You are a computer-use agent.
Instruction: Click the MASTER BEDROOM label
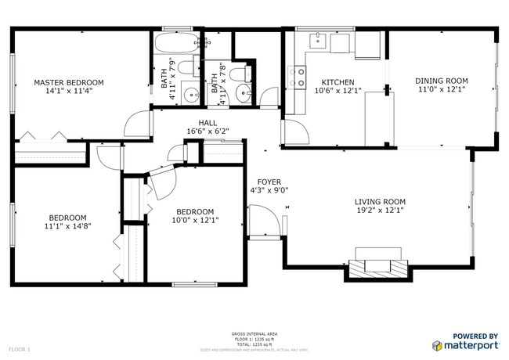coord(68,82)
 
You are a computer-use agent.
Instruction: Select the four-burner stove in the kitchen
coord(297,76)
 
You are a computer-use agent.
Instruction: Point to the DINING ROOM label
coord(441,80)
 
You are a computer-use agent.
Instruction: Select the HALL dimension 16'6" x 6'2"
coord(208,131)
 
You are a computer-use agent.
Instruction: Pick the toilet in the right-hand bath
coord(241,75)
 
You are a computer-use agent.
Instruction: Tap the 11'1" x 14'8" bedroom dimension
coord(68,226)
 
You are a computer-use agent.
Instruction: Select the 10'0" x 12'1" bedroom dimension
coord(195,220)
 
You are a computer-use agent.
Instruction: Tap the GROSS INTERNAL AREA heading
coord(254,333)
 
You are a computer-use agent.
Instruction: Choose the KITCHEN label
coord(338,82)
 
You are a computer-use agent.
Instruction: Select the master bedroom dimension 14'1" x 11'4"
coord(68,91)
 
